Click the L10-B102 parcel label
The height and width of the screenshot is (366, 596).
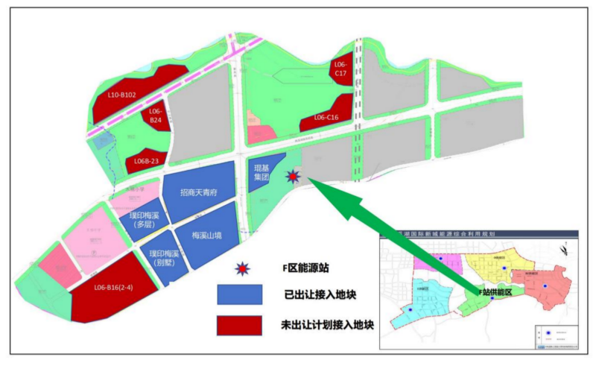click(121, 95)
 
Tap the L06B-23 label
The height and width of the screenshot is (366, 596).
click(147, 160)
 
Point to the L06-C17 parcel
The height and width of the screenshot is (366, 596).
click(340, 68)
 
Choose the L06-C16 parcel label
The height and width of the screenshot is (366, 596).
click(326, 117)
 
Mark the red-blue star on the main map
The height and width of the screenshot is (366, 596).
click(294, 177)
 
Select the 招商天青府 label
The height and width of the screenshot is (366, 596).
click(197, 192)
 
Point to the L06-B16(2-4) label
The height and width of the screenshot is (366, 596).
click(115, 287)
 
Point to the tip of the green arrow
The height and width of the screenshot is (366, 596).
click(308, 180)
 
